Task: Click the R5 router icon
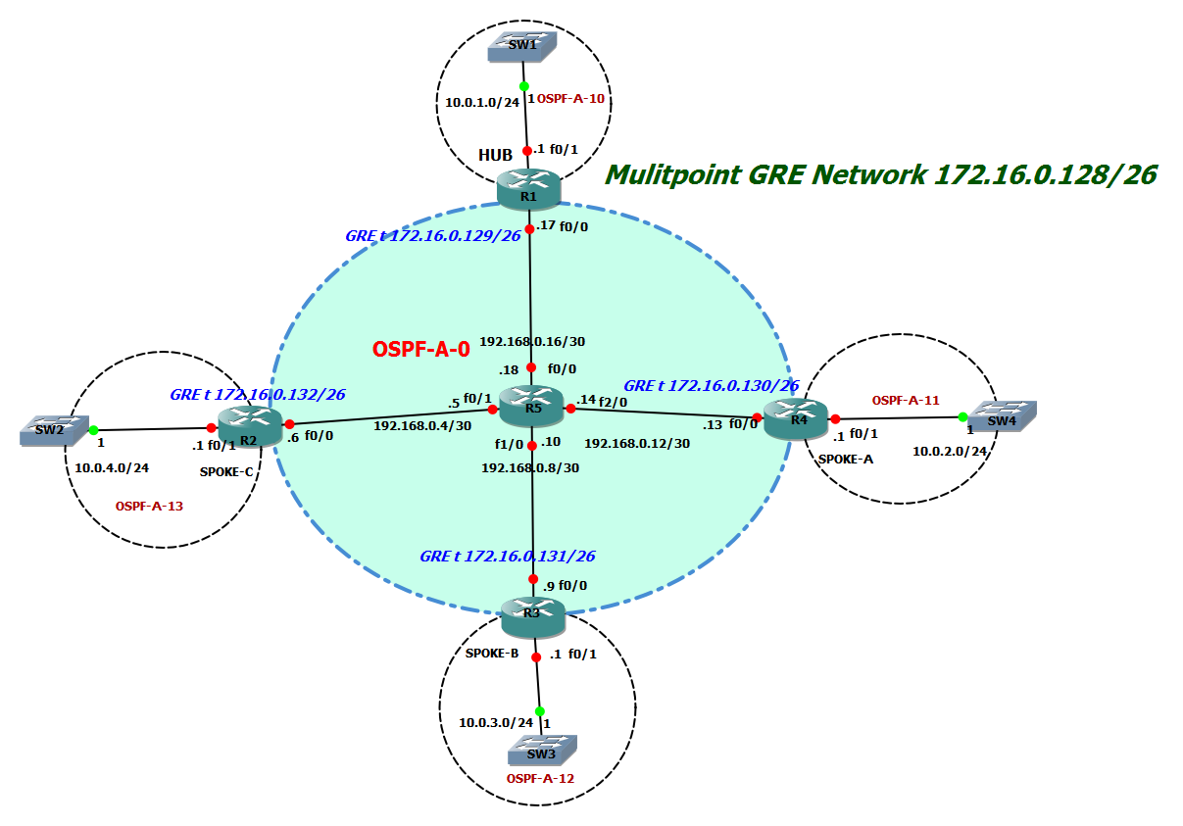[x=530, y=405]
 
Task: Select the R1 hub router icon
[x=528, y=188]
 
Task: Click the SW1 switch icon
[x=521, y=46]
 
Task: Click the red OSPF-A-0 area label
[x=421, y=348]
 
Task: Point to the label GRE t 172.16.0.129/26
[x=432, y=236]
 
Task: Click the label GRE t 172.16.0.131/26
[x=507, y=556]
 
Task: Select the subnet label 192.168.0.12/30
[x=637, y=443]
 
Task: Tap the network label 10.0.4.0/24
[x=112, y=467]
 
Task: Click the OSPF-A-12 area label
[x=540, y=778]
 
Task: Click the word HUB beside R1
[x=496, y=156]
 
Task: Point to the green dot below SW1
[x=523, y=86]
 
